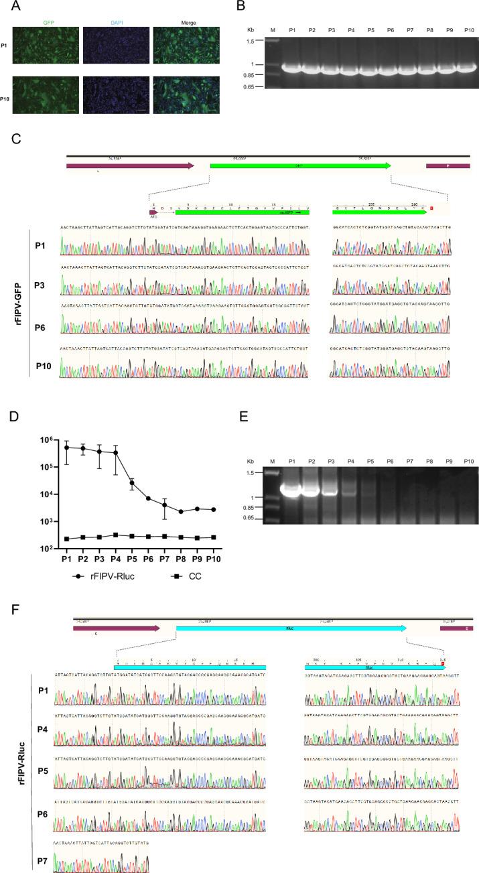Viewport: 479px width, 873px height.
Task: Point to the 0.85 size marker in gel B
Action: tap(262, 75)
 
